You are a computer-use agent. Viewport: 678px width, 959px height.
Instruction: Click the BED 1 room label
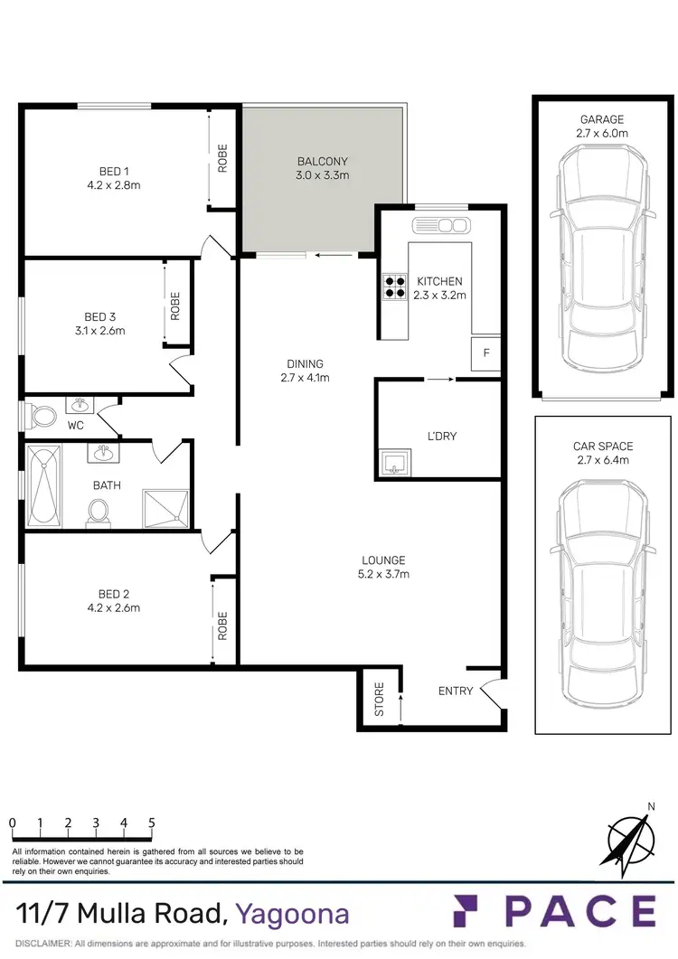114,171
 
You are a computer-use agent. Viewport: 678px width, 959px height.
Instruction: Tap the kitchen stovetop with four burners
394,286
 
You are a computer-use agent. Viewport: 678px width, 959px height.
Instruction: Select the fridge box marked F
485,353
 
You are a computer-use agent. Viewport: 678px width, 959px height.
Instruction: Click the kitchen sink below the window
440,226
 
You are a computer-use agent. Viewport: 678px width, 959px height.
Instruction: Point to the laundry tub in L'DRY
393,465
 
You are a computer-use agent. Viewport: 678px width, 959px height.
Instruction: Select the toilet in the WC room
42,417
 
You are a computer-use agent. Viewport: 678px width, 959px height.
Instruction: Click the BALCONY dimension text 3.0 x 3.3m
322,175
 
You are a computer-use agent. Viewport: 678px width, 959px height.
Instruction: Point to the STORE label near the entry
380,700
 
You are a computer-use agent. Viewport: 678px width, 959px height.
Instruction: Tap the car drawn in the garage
601,262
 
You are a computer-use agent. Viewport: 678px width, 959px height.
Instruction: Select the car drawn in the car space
601,592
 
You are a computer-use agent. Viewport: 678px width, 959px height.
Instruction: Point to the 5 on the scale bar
151,823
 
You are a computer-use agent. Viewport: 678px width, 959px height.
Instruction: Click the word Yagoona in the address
292,914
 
